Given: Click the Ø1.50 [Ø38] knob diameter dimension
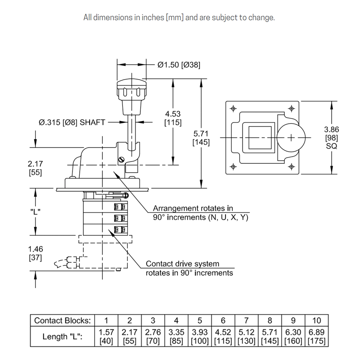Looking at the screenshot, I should coord(179,64).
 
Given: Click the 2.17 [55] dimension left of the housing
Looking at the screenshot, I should coord(36,167).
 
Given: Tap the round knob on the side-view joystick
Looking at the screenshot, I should coord(132,89).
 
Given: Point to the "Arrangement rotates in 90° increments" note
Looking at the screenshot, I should coord(200,213).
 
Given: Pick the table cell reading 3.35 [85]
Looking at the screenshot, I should coord(176,337).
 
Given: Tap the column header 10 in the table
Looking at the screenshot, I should coord(317,320).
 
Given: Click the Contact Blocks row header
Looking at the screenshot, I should coord(63,320).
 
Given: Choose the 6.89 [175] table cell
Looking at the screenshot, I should coord(317,337).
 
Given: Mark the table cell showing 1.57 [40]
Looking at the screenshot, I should coord(106,337).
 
